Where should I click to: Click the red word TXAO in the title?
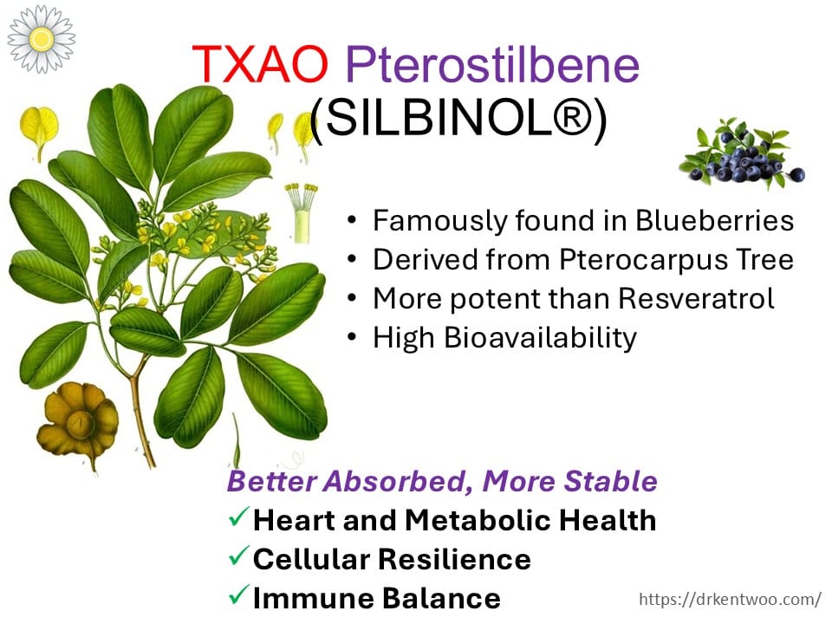(260, 64)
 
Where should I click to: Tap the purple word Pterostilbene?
(492, 65)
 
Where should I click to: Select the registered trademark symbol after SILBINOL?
(570, 117)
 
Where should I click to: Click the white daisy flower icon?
(41, 39)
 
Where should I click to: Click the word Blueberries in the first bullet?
(714, 220)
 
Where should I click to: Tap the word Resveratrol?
(696, 298)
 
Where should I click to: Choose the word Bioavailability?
(540, 338)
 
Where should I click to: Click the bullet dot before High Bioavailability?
(352, 337)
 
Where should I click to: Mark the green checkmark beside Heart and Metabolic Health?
(238, 517)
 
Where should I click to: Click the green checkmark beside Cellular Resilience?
(238, 556)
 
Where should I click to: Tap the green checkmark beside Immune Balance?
(238, 595)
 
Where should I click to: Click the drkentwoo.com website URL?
(730, 599)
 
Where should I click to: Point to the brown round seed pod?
(77, 423)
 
